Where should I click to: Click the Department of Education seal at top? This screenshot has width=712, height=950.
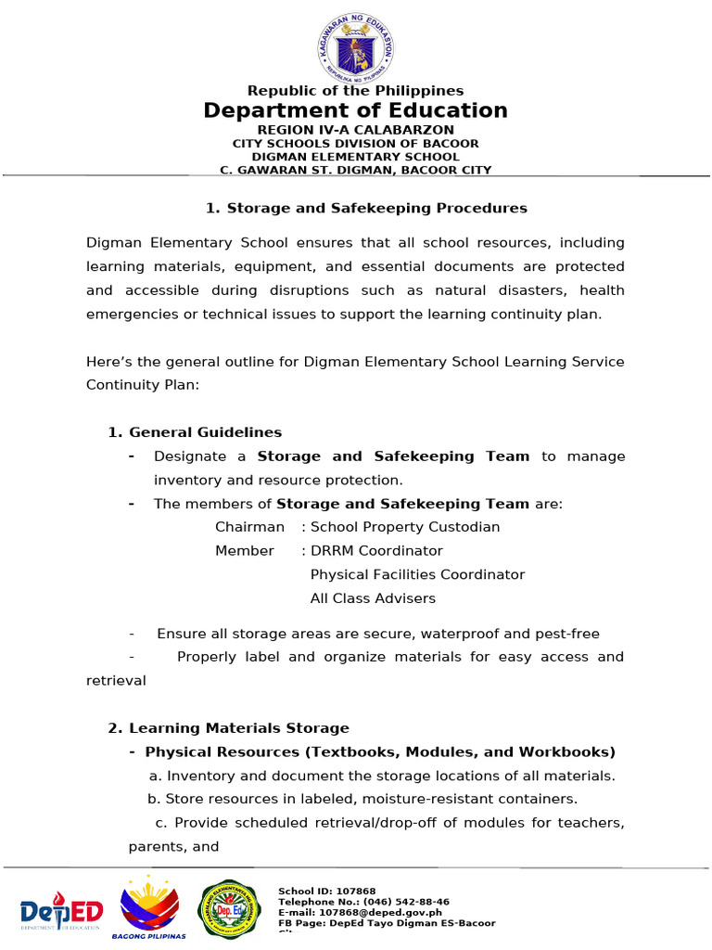coord(356,47)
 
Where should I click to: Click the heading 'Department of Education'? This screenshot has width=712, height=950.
coord(356,110)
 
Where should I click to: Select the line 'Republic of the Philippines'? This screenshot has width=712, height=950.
coord(355,90)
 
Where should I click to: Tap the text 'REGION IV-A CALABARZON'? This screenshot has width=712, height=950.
coord(355,130)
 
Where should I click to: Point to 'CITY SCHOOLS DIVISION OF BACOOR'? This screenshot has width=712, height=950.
coord(355,144)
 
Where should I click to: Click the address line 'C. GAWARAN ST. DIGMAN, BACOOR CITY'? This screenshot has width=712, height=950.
coord(355,170)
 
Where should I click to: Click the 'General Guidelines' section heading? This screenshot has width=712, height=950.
coord(205,432)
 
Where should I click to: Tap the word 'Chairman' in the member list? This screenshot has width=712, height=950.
coord(249,527)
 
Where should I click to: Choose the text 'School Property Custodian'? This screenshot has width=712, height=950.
coord(405,527)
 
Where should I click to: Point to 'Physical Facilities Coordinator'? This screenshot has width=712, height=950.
coord(417,575)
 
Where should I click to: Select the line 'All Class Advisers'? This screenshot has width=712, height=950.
coord(373,598)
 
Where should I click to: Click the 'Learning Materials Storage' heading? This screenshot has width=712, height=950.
coord(238,728)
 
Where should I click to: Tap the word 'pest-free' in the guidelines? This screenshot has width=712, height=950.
coord(566,634)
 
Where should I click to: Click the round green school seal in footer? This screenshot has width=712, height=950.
coord(231,909)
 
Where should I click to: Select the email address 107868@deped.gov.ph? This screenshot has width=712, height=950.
coord(389,913)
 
